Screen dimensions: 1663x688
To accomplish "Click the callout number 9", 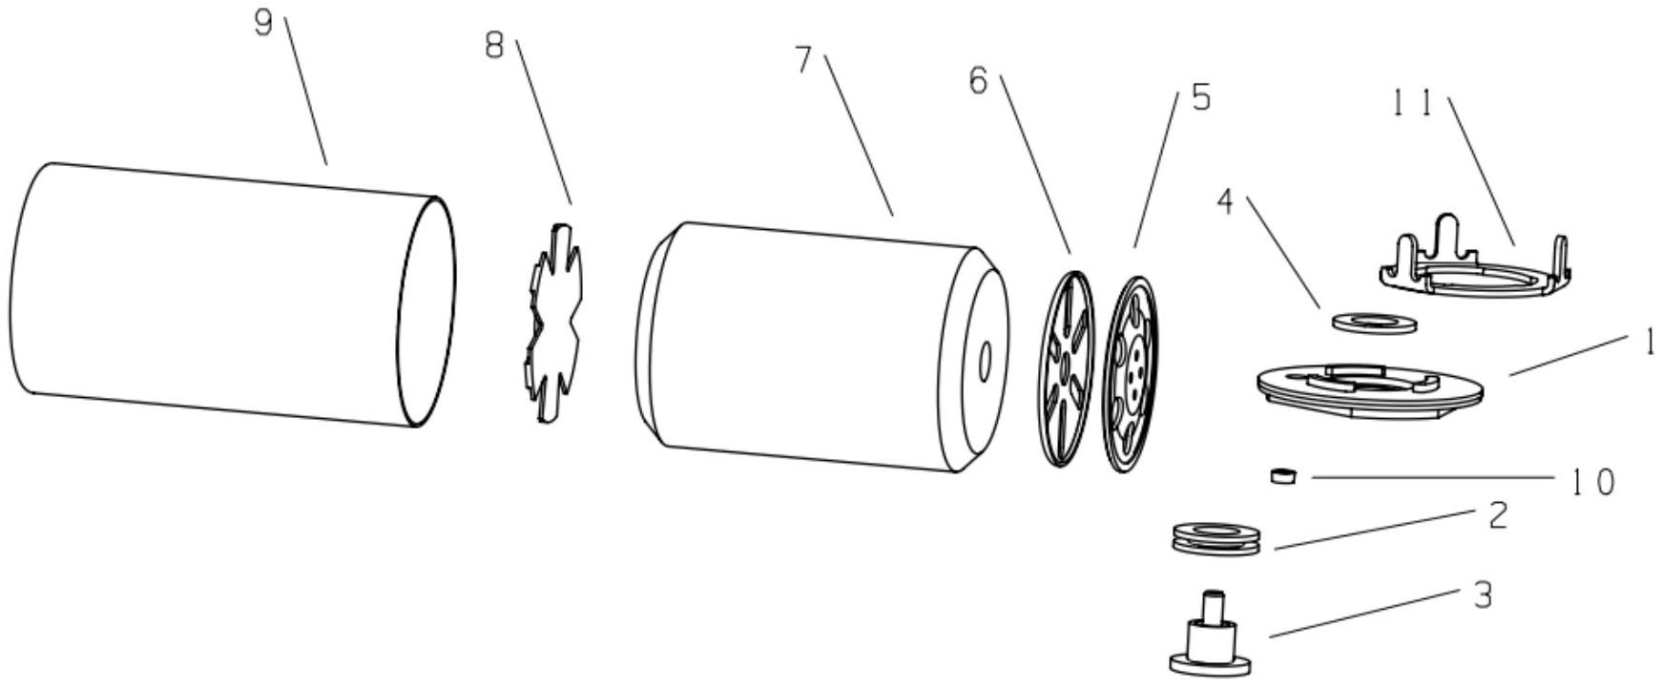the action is (x=263, y=22).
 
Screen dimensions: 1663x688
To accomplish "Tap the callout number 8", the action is (x=494, y=46).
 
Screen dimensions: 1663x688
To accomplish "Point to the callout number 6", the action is (x=978, y=81).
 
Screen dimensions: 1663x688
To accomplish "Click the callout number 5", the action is (x=1200, y=97).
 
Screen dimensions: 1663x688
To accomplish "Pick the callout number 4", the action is (x=1226, y=201).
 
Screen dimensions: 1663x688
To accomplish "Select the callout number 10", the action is (x=1592, y=483).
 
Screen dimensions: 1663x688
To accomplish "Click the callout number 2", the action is (x=1497, y=516).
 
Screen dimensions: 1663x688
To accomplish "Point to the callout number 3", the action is (x=1482, y=595).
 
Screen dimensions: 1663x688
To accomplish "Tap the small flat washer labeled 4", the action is (x=1372, y=322).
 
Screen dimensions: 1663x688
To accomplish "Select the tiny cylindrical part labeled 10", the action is (x=1285, y=474).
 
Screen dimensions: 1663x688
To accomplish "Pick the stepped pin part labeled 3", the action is (x=1210, y=639).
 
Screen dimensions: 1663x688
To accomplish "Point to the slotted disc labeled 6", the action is (x=1063, y=367).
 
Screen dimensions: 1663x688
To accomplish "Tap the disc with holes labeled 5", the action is (x=1132, y=373).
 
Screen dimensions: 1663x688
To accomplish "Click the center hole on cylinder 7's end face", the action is (x=986, y=359).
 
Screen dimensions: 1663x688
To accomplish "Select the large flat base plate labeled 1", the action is (x=1369, y=389).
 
